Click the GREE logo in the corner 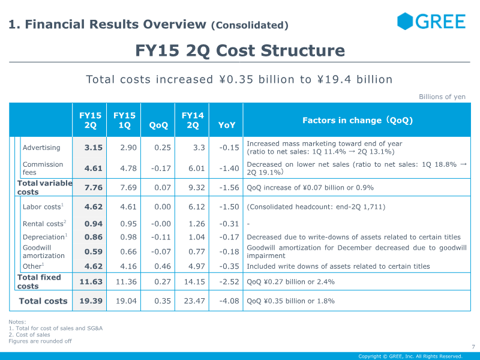pos(431,22)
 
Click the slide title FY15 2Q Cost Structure pos(240,50)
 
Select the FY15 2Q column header pos(90,120)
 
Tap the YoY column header pos(227,125)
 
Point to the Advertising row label pos(41,148)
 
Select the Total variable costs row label pos(44,188)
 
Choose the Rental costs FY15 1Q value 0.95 pos(125,224)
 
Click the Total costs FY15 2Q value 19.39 pos(91,301)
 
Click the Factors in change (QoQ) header pos(358,120)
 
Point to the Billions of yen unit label pos(442,97)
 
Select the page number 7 pos(473,346)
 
